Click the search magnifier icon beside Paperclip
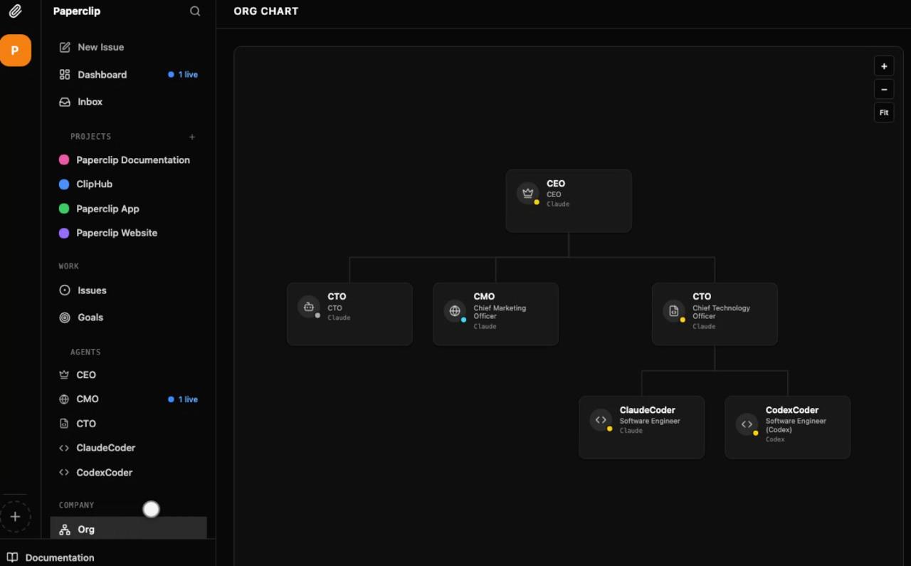click(x=195, y=11)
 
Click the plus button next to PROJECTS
click(x=192, y=137)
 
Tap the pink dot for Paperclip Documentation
click(x=64, y=160)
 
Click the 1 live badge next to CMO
click(x=183, y=399)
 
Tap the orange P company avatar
click(x=16, y=50)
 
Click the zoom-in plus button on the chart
click(x=884, y=66)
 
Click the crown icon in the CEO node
click(x=527, y=192)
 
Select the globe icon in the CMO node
click(x=454, y=311)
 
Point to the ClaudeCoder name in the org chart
click(x=648, y=410)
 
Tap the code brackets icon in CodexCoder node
click(x=747, y=424)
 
